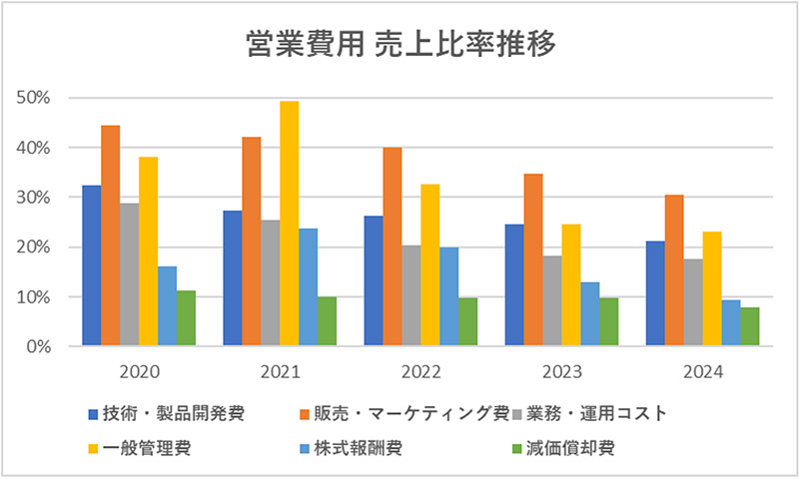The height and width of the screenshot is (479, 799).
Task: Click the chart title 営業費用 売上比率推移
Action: (x=399, y=44)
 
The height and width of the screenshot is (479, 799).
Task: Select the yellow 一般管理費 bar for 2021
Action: (x=289, y=225)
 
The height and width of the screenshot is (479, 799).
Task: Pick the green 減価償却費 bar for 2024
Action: (x=749, y=327)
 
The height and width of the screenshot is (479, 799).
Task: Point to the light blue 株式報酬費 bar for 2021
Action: (x=308, y=287)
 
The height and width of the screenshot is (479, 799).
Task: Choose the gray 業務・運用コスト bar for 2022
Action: (x=411, y=296)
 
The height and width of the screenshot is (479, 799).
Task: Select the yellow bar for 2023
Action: (x=570, y=285)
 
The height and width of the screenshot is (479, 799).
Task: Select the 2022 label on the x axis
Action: (x=420, y=372)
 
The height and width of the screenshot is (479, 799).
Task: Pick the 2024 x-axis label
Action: (x=702, y=372)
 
